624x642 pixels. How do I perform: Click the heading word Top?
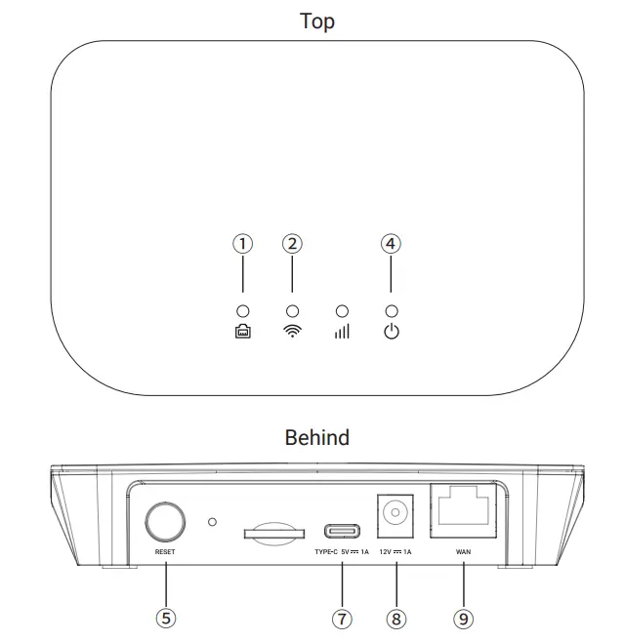pyautogui.click(x=316, y=21)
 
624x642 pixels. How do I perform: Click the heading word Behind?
pyautogui.click(x=316, y=437)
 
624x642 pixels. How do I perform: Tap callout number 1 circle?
pyautogui.click(x=242, y=244)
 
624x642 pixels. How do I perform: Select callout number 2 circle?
pyautogui.click(x=292, y=244)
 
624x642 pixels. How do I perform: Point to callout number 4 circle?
pyautogui.click(x=391, y=244)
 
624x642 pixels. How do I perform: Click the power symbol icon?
pyautogui.click(x=391, y=332)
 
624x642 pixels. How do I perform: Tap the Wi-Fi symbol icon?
pyautogui.click(x=292, y=332)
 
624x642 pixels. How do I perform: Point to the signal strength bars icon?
pyautogui.click(x=342, y=332)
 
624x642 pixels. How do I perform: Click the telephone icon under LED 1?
pyautogui.click(x=242, y=332)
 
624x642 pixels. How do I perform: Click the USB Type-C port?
pyautogui.click(x=342, y=532)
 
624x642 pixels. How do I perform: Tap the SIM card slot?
pyautogui.click(x=271, y=532)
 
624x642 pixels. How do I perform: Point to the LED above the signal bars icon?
pyautogui.click(x=342, y=310)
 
